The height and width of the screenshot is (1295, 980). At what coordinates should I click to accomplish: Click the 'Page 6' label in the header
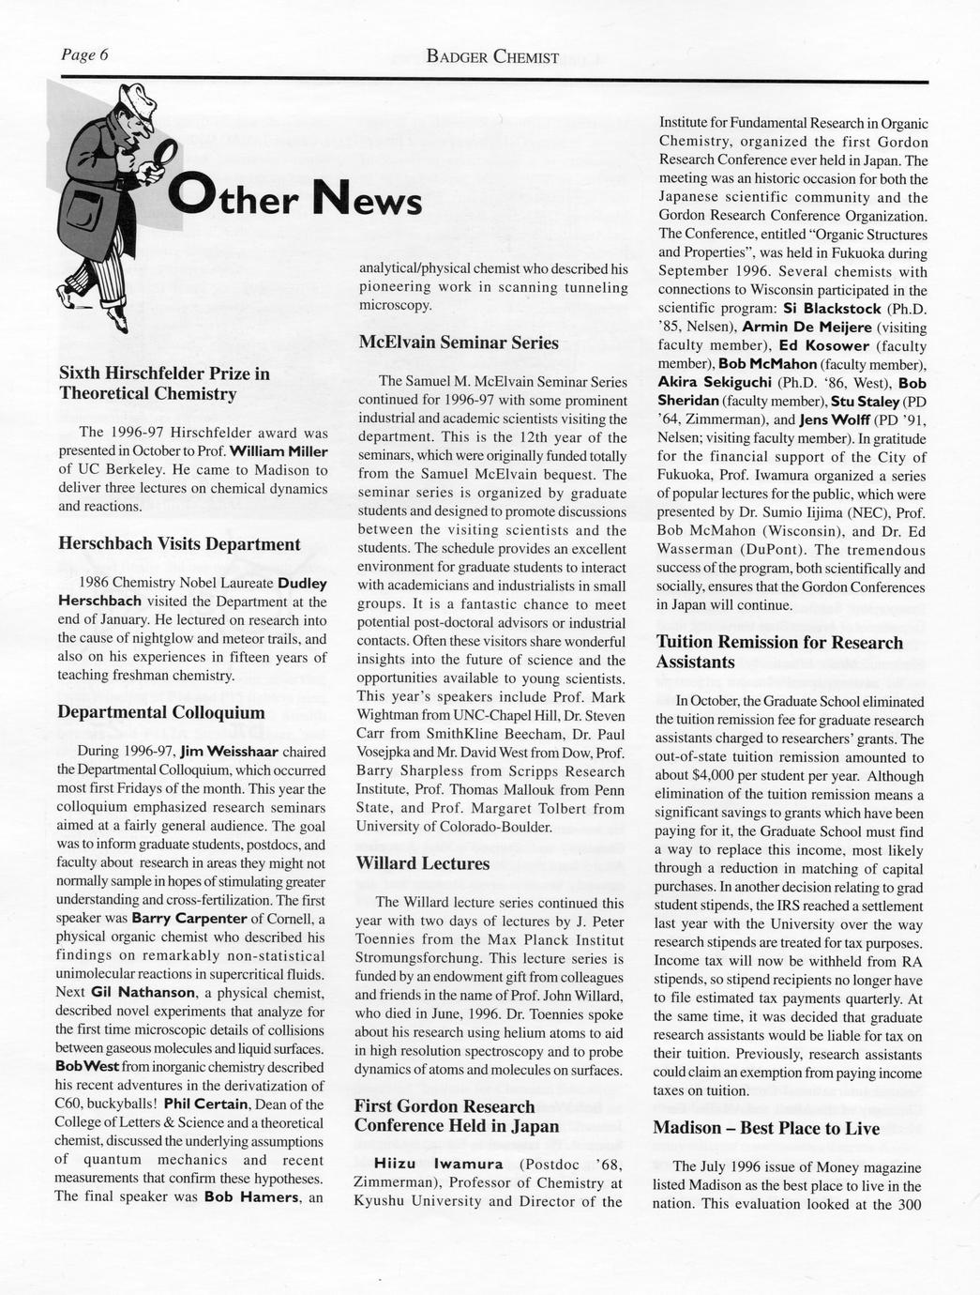(x=84, y=55)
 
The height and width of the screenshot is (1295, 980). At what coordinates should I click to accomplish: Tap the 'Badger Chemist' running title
(x=492, y=57)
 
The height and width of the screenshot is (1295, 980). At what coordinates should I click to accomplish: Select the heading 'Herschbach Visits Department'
(x=179, y=544)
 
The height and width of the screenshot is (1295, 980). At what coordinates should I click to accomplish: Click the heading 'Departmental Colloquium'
(x=161, y=712)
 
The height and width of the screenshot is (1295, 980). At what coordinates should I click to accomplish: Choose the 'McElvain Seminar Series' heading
(x=459, y=343)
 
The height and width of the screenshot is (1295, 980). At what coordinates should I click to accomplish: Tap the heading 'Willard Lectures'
(x=423, y=863)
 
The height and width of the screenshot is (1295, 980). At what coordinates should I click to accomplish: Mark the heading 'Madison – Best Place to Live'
(x=766, y=1128)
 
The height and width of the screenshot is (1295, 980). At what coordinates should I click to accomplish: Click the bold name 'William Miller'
(x=279, y=451)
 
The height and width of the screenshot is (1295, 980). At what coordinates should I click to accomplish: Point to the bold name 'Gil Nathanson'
(x=143, y=992)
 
